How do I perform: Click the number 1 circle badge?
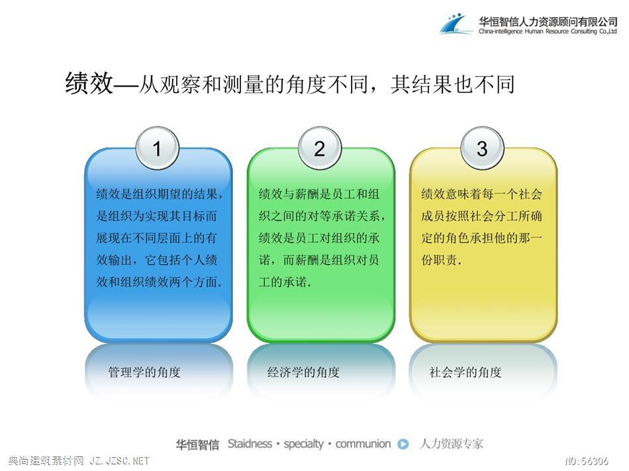click(158, 148)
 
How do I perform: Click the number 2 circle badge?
click(320, 148)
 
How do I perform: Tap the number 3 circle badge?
click(482, 148)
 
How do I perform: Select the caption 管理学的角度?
click(144, 372)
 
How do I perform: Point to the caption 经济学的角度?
click(304, 372)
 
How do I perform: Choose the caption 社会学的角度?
click(465, 372)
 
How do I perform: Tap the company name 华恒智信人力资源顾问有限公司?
click(548, 21)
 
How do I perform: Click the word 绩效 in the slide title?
click(89, 83)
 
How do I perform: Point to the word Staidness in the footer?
click(250, 444)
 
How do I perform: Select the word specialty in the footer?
click(304, 444)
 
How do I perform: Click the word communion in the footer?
click(363, 444)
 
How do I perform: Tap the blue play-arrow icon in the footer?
click(403, 444)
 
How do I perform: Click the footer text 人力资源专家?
click(452, 444)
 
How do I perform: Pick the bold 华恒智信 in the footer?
click(198, 445)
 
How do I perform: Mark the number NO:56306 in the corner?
click(587, 461)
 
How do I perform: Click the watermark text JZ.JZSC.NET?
click(120, 461)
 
